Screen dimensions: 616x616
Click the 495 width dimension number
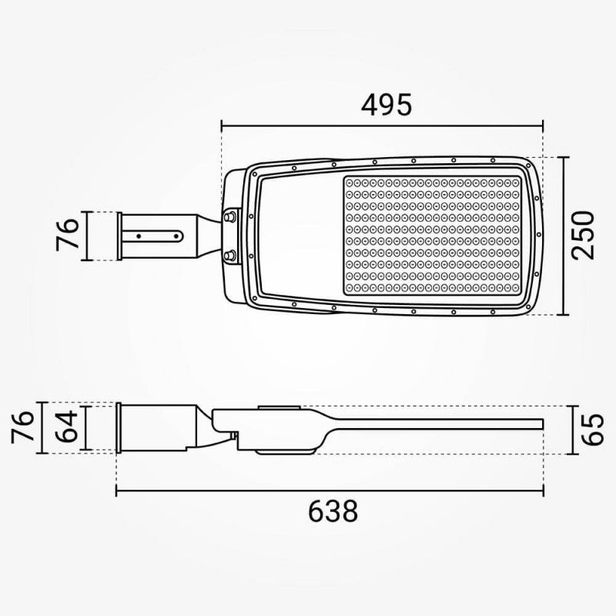pos(387,105)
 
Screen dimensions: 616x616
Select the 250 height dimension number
pos(583,236)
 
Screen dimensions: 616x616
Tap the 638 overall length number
pos(333,511)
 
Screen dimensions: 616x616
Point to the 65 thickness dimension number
pos(592,430)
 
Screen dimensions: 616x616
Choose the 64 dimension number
pos(66,427)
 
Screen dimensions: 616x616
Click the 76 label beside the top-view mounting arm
pos(68,235)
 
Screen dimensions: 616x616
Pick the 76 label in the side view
pos(22,427)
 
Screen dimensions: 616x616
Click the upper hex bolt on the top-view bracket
pos(229,216)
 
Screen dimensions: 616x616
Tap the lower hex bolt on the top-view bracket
pos(229,256)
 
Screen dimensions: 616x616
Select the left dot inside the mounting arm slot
pos(139,236)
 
